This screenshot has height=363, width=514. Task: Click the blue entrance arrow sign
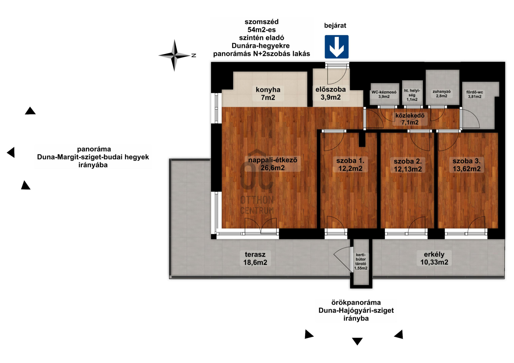pyautogui.click(x=337, y=47)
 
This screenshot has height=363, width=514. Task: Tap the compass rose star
pyautogui.click(x=174, y=55)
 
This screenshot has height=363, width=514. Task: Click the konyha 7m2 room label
pyautogui.click(x=268, y=94)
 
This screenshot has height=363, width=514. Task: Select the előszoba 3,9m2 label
pyautogui.click(x=331, y=93)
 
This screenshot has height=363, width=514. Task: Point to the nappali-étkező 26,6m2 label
pyautogui.click(x=273, y=164)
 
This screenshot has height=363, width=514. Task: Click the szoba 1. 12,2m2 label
pyautogui.click(x=350, y=165)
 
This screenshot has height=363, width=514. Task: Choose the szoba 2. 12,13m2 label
pyautogui.click(x=408, y=165)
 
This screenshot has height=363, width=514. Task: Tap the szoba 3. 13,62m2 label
pyautogui.click(x=467, y=165)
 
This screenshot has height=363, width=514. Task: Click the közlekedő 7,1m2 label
pyautogui.click(x=410, y=119)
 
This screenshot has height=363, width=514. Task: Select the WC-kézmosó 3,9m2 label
pyautogui.click(x=384, y=94)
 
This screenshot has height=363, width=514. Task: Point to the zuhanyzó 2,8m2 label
pyautogui.click(x=441, y=94)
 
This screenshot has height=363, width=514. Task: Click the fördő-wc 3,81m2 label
pyautogui.click(x=475, y=94)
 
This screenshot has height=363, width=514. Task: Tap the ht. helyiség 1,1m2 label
pyautogui.click(x=412, y=95)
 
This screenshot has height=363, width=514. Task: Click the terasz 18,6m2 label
pyautogui.click(x=255, y=258)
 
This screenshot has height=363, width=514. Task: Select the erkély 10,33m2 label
pyautogui.click(x=434, y=258)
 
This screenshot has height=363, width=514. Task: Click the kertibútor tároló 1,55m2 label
pyautogui.click(x=361, y=261)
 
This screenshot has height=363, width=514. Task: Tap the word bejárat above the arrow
pyautogui.click(x=335, y=26)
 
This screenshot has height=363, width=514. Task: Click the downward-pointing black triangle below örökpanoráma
pyautogui.click(x=357, y=341)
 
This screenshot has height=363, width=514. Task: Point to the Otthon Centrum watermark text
pyautogui.click(x=257, y=205)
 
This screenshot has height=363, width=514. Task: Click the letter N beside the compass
pyautogui.click(x=194, y=55)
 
